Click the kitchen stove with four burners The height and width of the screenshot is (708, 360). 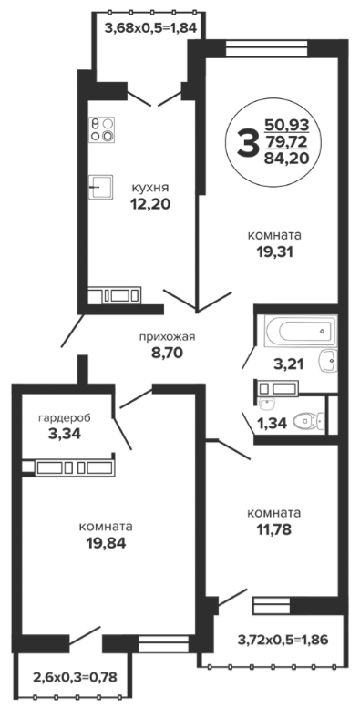click(102, 129)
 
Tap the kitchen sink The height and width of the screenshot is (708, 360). click(100, 187)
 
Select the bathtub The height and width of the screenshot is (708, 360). click(300, 331)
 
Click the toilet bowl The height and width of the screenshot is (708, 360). click(309, 422)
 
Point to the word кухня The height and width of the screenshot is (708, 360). click(150, 188)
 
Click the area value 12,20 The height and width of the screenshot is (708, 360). click(150, 204)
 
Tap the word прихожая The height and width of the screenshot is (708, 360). click(167, 337)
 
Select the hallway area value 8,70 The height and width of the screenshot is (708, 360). click(167, 353)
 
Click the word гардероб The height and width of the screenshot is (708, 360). click(65, 418)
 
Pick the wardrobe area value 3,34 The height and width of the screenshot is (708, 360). click(65, 435)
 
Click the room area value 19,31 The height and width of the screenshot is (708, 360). click(274, 252)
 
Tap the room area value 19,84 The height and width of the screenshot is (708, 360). click(106, 543)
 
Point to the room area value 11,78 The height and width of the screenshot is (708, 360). click(274, 529)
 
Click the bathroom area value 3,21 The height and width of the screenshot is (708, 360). click(289, 364)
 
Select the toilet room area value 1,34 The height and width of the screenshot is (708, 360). click(272, 424)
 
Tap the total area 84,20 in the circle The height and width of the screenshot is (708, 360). click(286, 159)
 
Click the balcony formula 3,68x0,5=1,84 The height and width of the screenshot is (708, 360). click(151, 28)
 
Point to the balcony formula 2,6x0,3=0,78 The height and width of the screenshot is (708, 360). click(76, 677)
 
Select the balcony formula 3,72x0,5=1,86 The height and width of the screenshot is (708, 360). click(283, 640)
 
